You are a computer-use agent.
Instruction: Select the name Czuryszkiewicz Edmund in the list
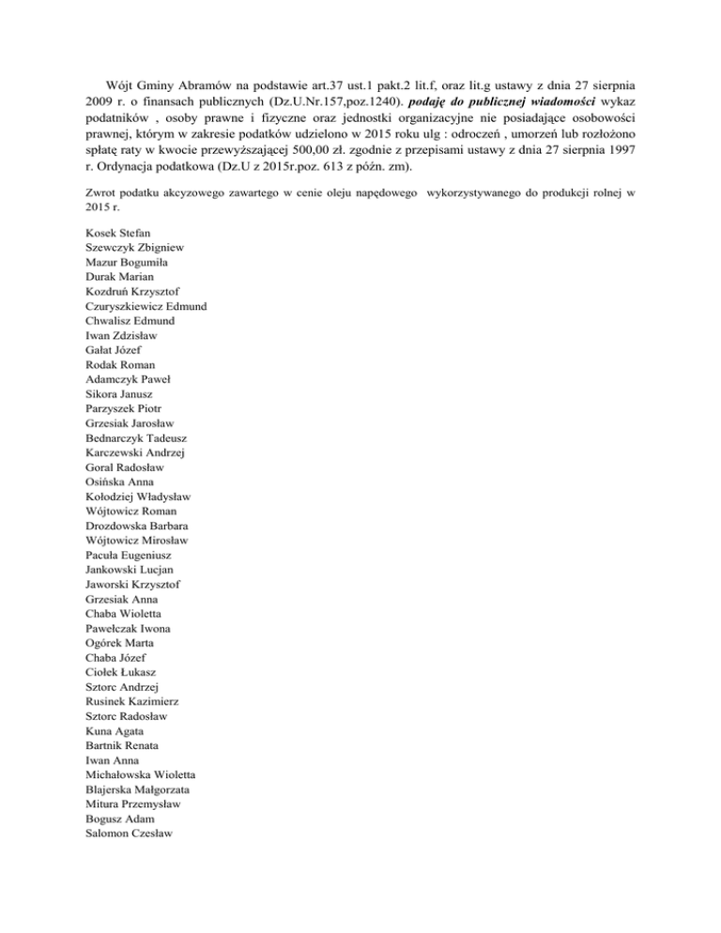click(x=146, y=306)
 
